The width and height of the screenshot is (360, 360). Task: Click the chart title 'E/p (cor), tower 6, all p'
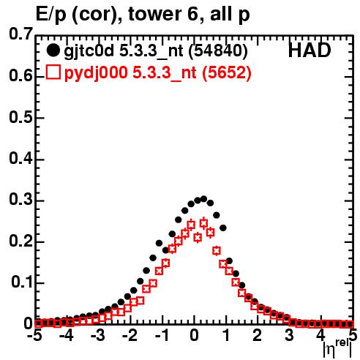[143, 15]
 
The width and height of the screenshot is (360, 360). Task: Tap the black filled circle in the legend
[53, 51]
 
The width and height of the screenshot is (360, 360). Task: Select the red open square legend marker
[53, 72]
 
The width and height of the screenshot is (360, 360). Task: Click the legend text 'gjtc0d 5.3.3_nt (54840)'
[156, 51]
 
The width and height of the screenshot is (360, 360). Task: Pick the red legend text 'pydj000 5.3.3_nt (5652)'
[158, 72]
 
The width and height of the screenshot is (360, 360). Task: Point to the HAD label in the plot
[310, 50]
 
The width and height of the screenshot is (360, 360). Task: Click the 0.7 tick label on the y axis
[20, 34]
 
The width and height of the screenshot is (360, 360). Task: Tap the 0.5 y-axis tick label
[20, 117]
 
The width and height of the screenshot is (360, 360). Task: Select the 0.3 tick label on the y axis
[20, 200]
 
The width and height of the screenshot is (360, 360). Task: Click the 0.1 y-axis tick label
[22, 282]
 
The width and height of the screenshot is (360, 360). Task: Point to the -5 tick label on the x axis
[36, 336]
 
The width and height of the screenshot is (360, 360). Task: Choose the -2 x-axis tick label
[130, 336]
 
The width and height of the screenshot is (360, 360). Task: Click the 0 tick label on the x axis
[194, 336]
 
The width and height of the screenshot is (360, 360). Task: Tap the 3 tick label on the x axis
[290, 336]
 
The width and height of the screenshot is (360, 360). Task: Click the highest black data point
[203, 199]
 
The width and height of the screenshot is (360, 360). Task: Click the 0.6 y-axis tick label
[20, 75]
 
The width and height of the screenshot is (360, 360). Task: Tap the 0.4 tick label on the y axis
[20, 158]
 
